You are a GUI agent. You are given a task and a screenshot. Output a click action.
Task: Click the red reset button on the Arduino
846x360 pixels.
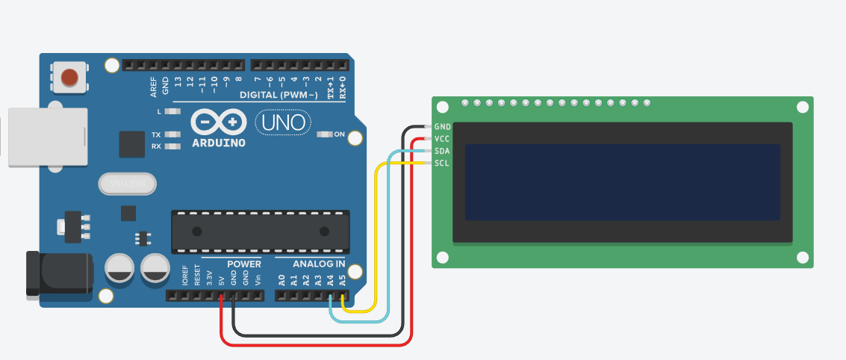[69, 77]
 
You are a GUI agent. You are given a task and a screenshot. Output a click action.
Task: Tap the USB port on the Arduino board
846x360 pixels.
[46, 137]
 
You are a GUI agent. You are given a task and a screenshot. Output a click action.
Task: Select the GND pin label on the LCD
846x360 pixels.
[442, 127]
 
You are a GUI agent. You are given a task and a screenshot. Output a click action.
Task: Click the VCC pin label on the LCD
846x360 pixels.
[442, 139]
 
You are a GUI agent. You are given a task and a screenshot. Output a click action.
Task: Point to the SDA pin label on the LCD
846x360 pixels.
[442, 151]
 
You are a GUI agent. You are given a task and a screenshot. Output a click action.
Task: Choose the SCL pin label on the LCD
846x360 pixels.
[442, 163]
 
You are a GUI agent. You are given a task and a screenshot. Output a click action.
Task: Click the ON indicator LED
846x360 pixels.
[325, 134]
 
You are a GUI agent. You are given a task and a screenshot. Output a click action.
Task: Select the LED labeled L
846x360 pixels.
[172, 111]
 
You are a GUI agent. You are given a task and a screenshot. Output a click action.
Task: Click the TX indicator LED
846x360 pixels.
[172, 135]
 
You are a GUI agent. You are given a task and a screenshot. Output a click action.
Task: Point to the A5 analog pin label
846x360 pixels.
[342, 281]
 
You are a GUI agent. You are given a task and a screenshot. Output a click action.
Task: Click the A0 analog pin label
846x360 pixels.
[282, 281]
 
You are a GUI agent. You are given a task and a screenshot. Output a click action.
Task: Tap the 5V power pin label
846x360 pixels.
[221, 282]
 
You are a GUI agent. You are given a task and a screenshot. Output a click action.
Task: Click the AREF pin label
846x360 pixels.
[154, 87]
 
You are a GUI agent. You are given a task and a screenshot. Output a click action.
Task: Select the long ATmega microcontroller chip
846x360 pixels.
[261, 230]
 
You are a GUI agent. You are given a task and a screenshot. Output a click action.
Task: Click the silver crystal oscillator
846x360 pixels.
[127, 184]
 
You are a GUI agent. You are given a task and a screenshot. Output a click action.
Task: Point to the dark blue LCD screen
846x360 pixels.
[622, 182]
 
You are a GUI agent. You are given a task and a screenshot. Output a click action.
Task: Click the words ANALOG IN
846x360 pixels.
[319, 264]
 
